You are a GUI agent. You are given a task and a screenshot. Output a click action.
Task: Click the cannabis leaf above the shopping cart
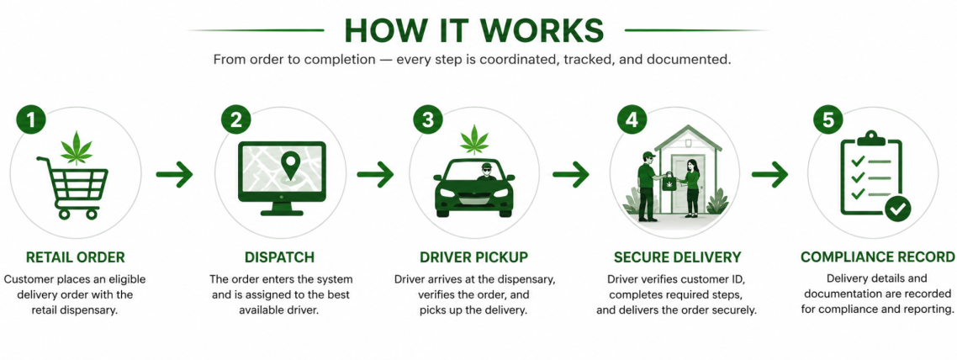click(x=77, y=147)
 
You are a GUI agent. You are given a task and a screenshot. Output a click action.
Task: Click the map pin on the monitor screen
click(x=289, y=166)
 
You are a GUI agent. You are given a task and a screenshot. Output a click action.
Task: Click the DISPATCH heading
click(x=280, y=257)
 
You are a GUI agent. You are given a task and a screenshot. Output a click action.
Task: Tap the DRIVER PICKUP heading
click(x=473, y=257)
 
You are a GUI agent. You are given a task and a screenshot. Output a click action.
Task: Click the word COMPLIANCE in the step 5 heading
click(x=847, y=257)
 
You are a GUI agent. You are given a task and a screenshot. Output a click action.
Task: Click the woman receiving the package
click(x=691, y=188)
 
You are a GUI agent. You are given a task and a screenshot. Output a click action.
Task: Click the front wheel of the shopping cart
click(x=92, y=214)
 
